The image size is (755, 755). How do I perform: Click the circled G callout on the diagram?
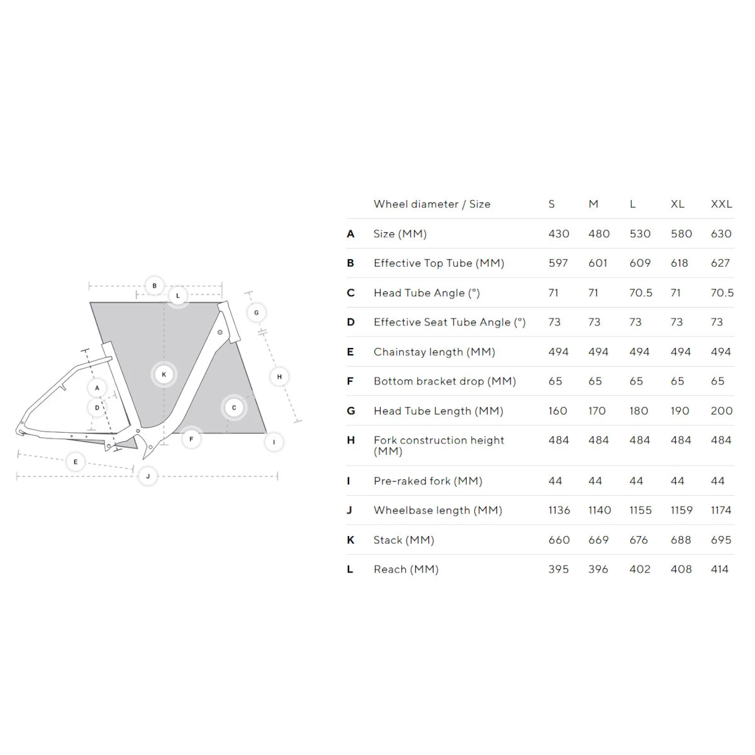click(x=256, y=313)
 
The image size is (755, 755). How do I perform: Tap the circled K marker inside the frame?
click(x=164, y=374)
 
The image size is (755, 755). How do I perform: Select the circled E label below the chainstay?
click(x=75, y=462)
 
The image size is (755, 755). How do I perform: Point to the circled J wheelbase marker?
click(x=148, y=476)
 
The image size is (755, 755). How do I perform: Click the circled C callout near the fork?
click(x=234, y=408)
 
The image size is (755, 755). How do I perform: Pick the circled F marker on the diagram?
click(x=191, y=439)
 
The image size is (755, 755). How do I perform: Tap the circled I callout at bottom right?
click(x=274, y=442)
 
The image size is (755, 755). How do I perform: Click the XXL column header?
click(x=721, y=204)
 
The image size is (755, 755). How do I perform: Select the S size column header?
click(x=552, y=204)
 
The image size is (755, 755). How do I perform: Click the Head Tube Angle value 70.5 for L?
click(x=641, y=293)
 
